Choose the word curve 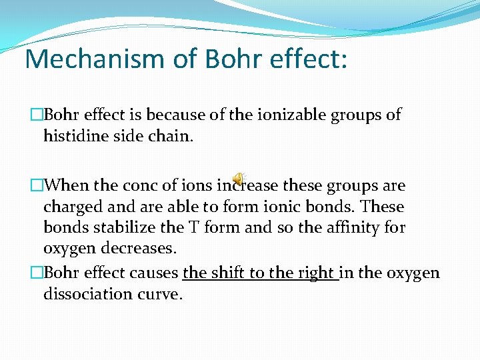click(x=160, y=294)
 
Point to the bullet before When click(x=37, y=185)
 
